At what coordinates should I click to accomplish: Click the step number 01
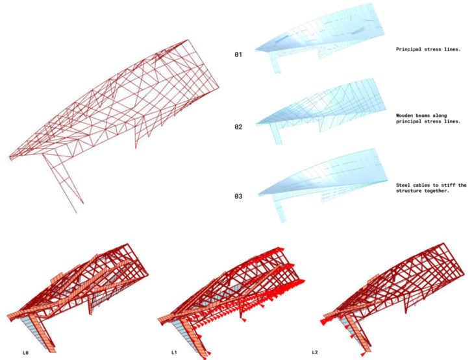tap(238, 55)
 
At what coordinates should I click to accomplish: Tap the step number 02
tap(238, 126)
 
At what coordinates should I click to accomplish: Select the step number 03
tap(238, 195)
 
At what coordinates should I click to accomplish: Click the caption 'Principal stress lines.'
tap(424, 49)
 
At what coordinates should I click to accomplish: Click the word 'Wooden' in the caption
tap(406, 115)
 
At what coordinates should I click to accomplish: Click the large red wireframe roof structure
tap(123, 104)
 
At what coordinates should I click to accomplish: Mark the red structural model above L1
tap(234, 285)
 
